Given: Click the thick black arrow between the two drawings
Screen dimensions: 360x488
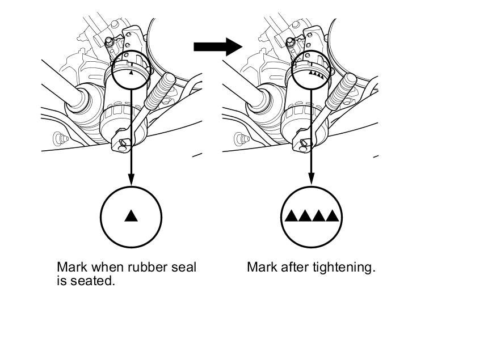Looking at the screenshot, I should (217, 46).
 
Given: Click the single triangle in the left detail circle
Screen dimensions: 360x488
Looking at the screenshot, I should (131, 215).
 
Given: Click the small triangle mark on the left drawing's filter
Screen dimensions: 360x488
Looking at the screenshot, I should (131, 73).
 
